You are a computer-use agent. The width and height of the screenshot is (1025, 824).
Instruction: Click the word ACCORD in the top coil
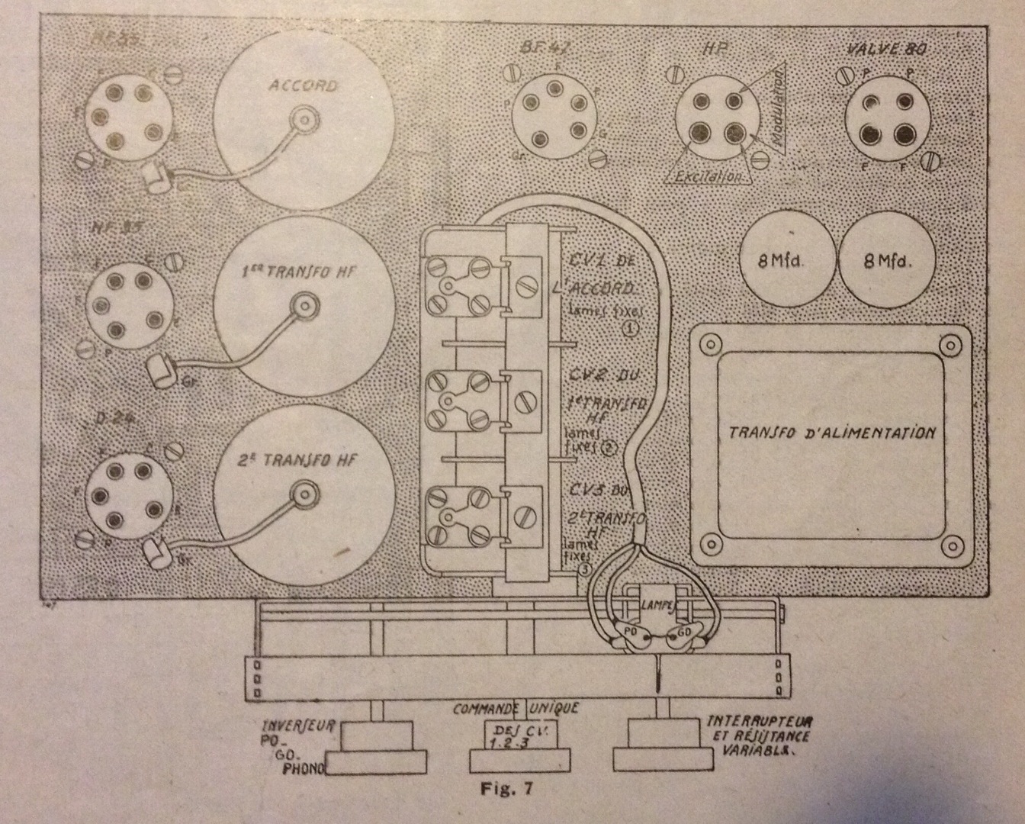303,85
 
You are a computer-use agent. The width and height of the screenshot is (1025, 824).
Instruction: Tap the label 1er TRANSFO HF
304,272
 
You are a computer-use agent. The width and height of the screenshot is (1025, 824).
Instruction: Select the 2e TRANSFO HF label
304,460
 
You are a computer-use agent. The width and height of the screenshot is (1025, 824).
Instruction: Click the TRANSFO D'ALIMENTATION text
832,433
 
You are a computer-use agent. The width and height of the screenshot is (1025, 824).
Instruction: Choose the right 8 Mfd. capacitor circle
888,259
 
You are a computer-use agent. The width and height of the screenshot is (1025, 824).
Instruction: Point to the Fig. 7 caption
506,788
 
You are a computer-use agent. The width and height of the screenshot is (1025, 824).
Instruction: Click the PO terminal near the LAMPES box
631,632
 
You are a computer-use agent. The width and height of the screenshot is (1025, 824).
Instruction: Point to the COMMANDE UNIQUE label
516,708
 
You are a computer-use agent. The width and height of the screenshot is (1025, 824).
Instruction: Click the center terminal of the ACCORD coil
304,120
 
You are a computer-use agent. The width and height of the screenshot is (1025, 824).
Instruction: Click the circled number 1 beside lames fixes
631,328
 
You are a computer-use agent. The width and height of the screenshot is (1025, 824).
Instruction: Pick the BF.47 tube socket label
548,50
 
